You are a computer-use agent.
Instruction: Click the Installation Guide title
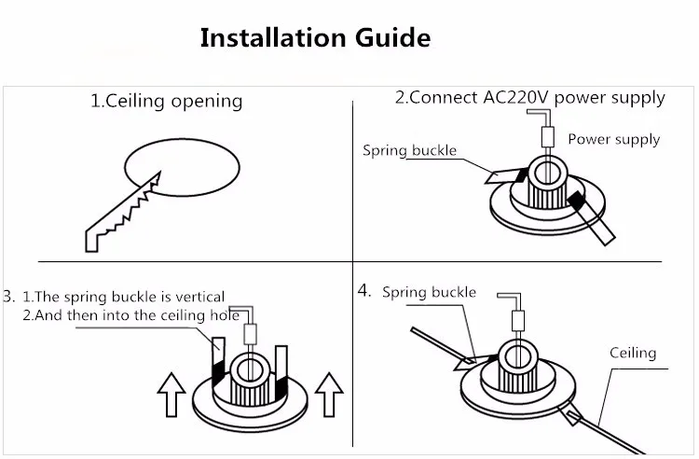pyautogui.click(x=316, y=39)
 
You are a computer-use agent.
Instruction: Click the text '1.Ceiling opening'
pyautogui.click(x=166, y=101)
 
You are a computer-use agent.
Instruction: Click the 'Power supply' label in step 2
pyautogui.click(x=613, y=139)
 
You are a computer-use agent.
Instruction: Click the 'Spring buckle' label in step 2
pyautogui.click(x=409, y=149)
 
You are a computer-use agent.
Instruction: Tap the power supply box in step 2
pyautogui.click(x=548, y=137)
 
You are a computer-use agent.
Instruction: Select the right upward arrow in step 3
pyautogui.click(x=330, y=393)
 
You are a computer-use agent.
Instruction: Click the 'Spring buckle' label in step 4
pyautogui.click(x=429, y=293)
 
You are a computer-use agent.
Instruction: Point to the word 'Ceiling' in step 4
pyautogui.click(x=633, y=353)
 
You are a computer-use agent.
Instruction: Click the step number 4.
pyautogui.click(x=364, y=290)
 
